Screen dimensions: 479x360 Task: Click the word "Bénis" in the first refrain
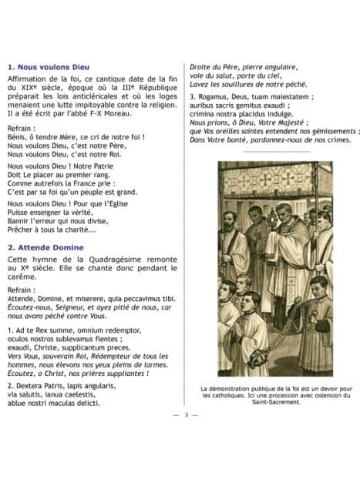pyautogui.click(x=19, y=136)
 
